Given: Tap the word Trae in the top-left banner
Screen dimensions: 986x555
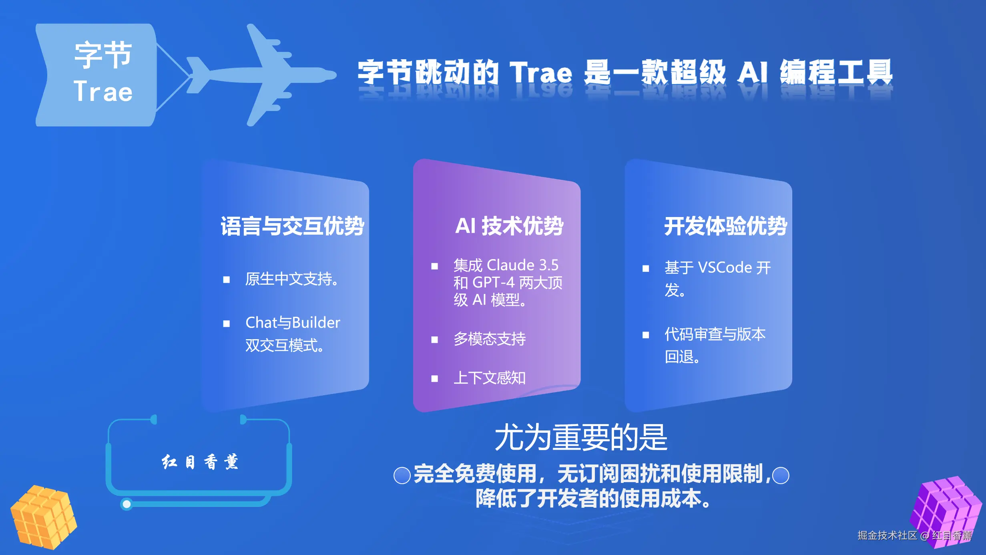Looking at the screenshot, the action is pos(103,91).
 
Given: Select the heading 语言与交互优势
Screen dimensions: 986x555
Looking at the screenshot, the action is pos(292,226).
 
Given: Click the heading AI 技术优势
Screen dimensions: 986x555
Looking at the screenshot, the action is pos(509,226).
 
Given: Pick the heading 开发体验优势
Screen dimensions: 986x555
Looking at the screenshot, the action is pos(726,226).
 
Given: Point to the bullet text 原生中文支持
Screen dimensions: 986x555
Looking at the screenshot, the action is pos(292,279).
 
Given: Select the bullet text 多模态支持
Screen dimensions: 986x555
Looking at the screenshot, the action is pos(490,339).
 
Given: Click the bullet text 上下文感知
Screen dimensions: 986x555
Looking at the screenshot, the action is pos(490,378).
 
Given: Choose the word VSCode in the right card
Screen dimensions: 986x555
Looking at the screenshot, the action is pos(725,267).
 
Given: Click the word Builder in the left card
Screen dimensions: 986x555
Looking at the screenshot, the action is pos(316,322).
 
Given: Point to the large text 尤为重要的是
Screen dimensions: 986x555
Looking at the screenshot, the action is pos(581,437).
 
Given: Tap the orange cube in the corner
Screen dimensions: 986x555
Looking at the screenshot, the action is pos(43,517).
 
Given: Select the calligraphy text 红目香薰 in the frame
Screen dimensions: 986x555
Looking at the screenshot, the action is pos(200,462).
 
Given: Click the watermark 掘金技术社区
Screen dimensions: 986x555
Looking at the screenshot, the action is pos(887,535).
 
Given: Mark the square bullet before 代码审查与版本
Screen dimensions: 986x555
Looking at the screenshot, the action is pos(646,335).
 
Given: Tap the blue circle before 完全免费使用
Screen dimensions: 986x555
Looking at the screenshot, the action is pos(402,475).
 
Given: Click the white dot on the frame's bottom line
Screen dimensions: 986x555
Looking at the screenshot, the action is pos(127,504).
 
